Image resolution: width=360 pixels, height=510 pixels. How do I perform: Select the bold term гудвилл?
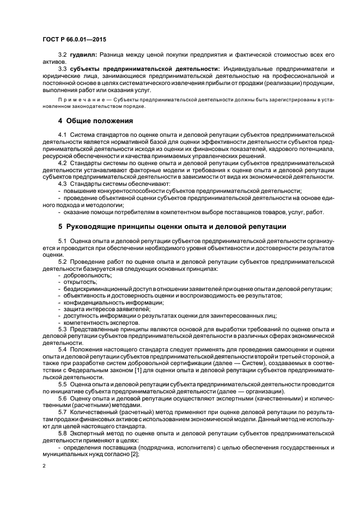coord(82,56)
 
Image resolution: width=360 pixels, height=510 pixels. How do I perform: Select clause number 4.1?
coord(63,133)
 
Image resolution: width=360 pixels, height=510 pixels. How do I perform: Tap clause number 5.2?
coord(63,262)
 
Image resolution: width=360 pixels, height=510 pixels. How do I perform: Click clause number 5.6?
coord(63,398)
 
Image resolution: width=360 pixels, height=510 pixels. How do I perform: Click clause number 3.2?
coord(63,56)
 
